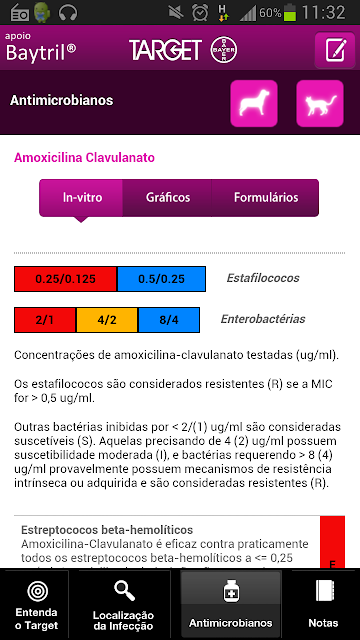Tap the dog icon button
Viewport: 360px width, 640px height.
click(254, 103)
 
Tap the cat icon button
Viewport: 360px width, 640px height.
click(320, 103)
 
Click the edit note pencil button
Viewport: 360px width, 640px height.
click(335, 50)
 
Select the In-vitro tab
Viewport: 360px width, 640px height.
click(81, 198)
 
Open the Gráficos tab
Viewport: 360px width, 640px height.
click(167, 198)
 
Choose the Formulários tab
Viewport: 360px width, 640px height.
click(265, 198)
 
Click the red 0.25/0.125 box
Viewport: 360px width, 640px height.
click(66, 279)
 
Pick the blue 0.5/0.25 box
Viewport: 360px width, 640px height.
click(161, 279)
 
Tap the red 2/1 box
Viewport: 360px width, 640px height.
click(45, 320)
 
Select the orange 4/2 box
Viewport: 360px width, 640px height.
click(107, 320)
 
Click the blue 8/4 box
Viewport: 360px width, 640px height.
click(169, 320)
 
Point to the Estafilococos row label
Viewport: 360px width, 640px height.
click(263, 278)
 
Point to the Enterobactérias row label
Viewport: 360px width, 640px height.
click(263, 319)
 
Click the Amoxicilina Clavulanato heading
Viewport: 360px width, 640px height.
click(84, 158)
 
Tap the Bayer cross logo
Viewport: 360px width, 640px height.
click(224, 51)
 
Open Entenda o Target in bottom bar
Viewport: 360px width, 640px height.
click(37, 604)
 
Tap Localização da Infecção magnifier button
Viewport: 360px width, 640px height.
click(123, 604)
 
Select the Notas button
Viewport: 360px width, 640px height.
click(323, 604)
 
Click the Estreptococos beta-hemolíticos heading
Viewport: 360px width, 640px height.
click(107, 530)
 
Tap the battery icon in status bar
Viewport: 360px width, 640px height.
click(290, 12)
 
